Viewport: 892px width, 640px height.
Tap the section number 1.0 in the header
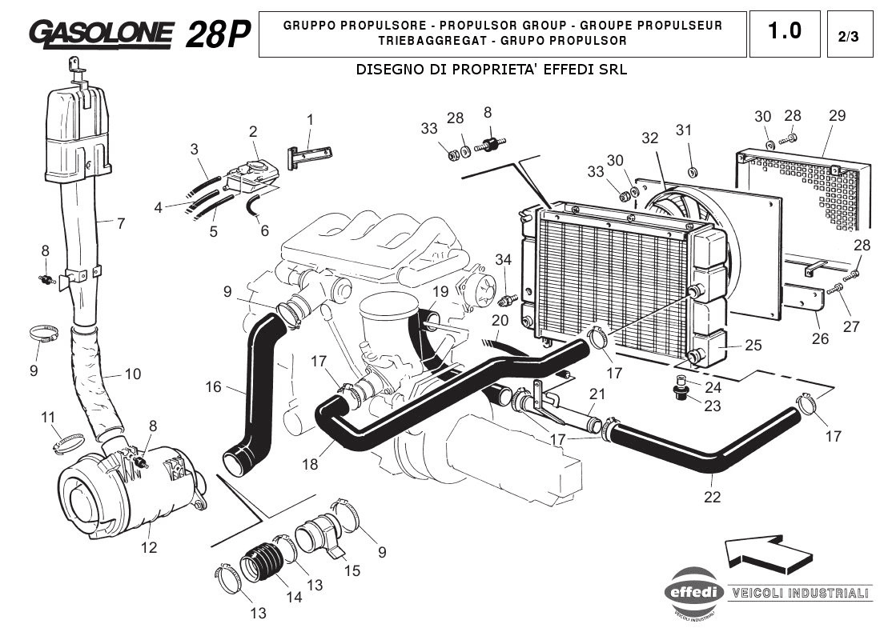(784, 31)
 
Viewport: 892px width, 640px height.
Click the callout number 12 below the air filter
(149, 548)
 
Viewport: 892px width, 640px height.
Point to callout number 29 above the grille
(837, 115)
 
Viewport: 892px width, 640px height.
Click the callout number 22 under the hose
(712, 497)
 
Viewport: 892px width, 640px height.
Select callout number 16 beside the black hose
(212, 387)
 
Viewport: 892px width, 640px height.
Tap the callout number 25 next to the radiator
(753, 346)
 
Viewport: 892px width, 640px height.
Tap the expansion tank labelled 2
(250, 174)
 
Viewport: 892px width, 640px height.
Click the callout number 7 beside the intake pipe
(120, 224)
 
